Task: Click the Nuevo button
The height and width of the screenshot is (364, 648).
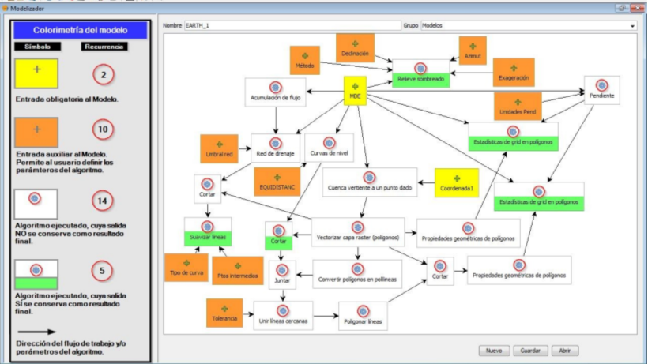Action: [492, 350]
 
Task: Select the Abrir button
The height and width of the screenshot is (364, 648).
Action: [564, 350]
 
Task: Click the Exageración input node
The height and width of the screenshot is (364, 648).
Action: [514, 73]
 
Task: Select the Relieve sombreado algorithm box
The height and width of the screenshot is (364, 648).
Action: [420, 73]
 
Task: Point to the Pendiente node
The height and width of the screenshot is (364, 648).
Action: [601, 90]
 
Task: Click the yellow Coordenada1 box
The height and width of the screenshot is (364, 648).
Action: [456, 183]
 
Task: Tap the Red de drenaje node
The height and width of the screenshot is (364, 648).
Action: [276, 148]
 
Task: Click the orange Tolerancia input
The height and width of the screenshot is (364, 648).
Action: [224, 313]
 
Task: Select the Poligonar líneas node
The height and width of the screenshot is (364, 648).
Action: [364, 316]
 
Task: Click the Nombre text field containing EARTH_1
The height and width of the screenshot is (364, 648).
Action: [292, 25]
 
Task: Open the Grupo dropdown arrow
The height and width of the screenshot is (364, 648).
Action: [632, 25]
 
